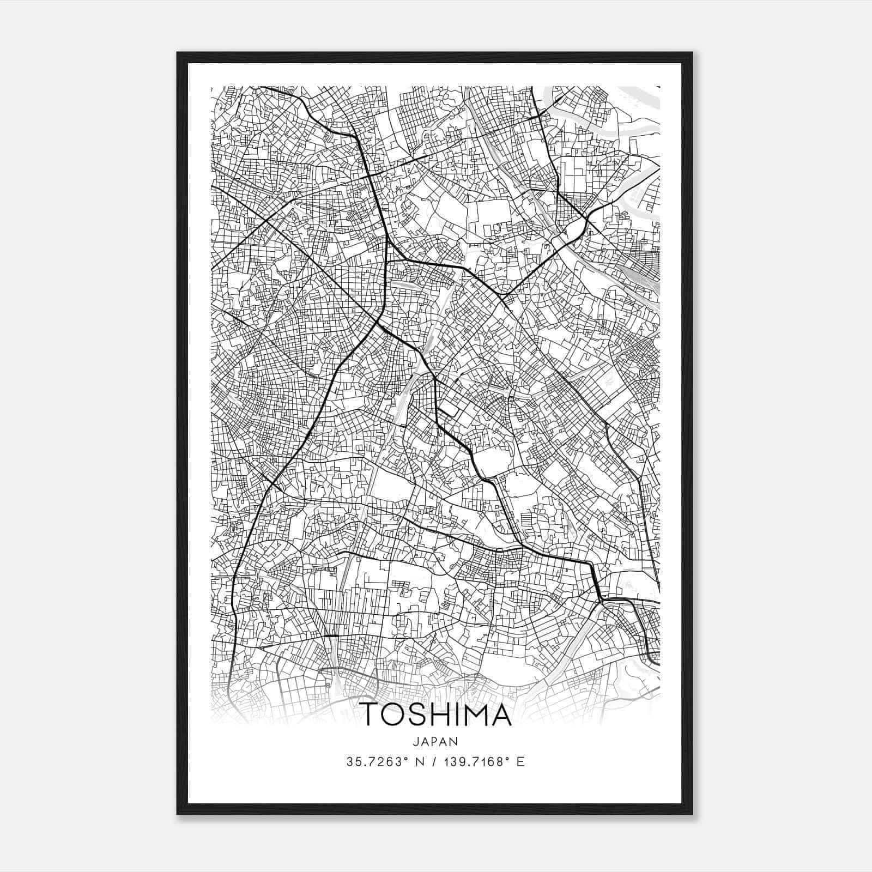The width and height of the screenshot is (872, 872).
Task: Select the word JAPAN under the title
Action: click(435, 741)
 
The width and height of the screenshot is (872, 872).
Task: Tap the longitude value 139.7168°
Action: click(474, 761)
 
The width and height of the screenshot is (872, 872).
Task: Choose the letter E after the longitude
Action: click(520, 761)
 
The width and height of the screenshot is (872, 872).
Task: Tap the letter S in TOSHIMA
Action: click(420, 714)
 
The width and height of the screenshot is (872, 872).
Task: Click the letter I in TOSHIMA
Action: click(457, 714)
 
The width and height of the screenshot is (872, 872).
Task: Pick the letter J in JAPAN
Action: click(416, 741)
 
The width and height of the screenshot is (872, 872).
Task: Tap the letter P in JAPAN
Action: click(435, 741)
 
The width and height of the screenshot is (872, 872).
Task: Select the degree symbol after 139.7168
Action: click(509, 758)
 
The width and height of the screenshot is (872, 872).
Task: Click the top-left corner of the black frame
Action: click(178, 53)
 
